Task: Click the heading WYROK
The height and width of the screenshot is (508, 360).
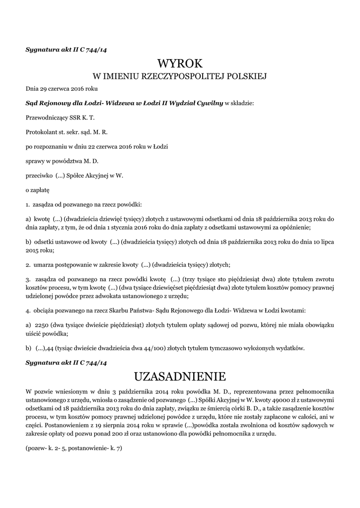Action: pos(180,63)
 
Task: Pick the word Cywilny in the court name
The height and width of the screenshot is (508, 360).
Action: pos(211,103)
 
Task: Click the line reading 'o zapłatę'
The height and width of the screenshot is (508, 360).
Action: pos(38,190)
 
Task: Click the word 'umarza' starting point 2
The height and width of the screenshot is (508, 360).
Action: pos(43,264)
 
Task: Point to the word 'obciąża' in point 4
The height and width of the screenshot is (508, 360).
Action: pos(44,311)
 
